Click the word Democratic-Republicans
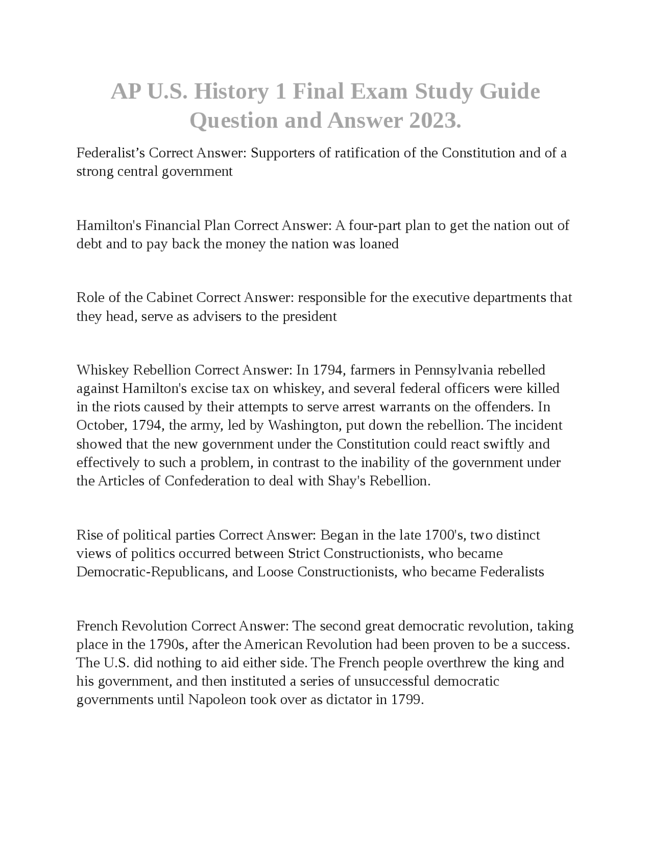point(151,572)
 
